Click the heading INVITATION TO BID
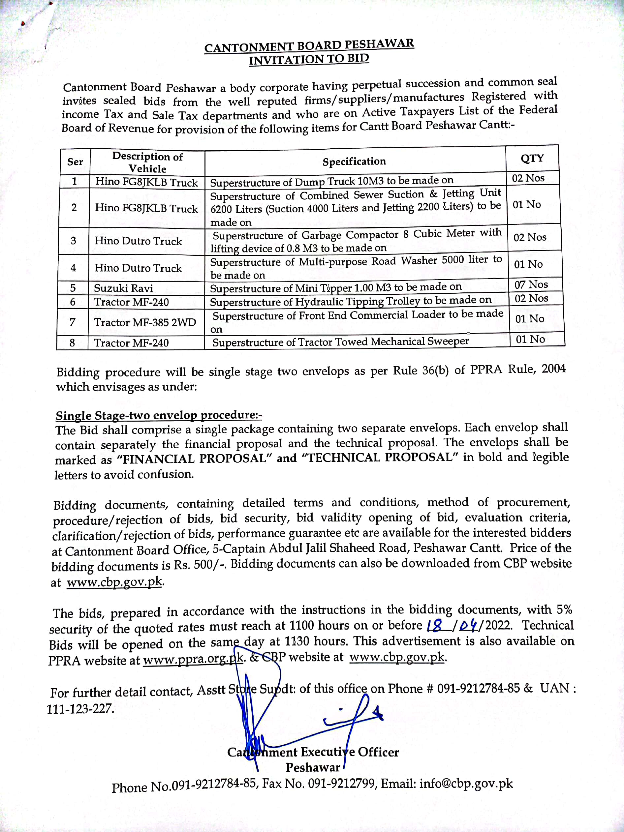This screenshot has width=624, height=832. point(309,59)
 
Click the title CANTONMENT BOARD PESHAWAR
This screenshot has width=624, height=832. point(309,45)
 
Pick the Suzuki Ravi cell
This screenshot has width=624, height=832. point(123,288)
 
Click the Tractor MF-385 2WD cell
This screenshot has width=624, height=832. point(145,322)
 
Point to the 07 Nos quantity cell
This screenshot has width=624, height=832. point(531,285)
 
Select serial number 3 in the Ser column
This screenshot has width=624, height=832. point(74,241)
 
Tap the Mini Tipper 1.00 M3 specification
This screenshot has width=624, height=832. point(335,288)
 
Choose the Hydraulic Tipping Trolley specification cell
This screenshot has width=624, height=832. point(350,301)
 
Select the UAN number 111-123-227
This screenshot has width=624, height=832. point(80,709)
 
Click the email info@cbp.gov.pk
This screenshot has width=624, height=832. point(466,784)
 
